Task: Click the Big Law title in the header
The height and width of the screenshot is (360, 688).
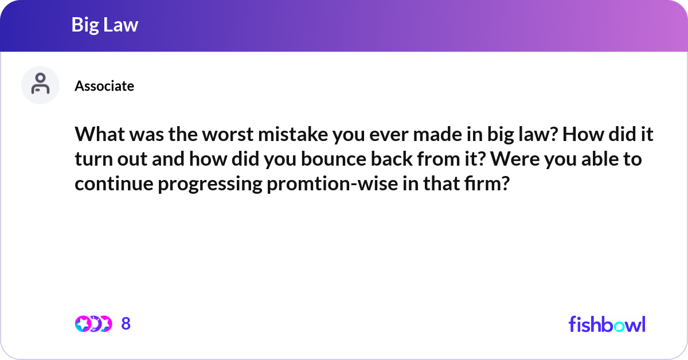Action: (x=104, y=25)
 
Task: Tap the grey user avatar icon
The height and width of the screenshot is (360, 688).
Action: (x=40, y=85)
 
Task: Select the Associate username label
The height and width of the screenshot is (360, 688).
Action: (x=104, y=86)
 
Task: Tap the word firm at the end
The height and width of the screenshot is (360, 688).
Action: (x=487, y=185)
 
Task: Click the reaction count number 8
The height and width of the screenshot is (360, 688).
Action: (x=126, y=324)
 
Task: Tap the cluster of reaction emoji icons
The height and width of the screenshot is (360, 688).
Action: (x=93, y=324)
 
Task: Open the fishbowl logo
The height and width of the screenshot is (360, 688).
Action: (x=607, y=324)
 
